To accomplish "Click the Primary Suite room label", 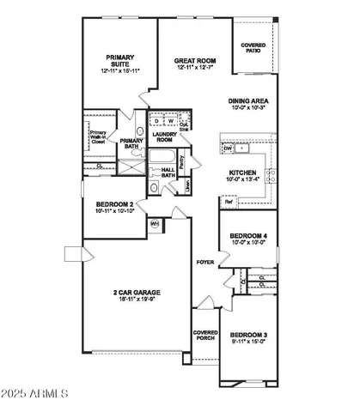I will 120,61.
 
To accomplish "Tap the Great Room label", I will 195,61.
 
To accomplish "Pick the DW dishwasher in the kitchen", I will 228,148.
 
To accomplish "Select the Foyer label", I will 204,262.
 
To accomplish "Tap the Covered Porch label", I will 205,336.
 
